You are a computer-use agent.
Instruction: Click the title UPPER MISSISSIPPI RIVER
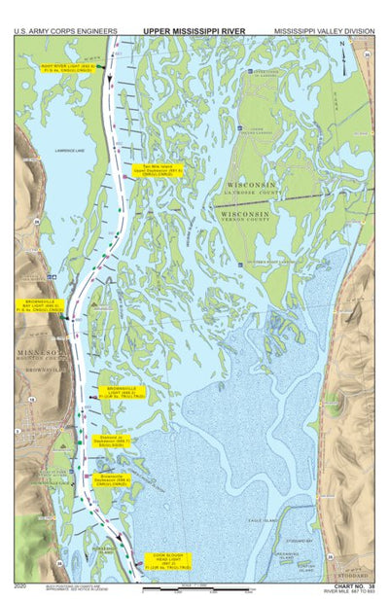click(x=194, y=30)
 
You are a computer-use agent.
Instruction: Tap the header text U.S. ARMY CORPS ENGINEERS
click(x=66, y=30)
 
